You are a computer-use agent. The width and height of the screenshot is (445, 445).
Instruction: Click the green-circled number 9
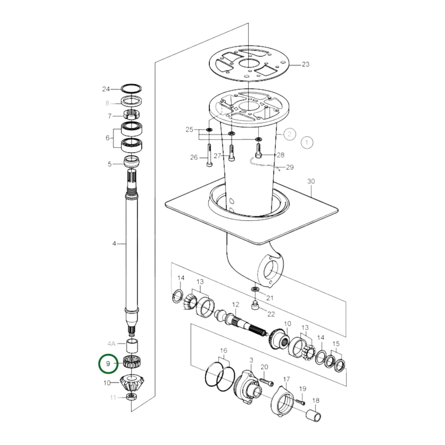tap(108, 363)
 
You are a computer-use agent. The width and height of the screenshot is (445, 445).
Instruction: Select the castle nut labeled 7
tap(131, 115)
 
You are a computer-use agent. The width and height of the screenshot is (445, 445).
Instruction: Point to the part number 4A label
tap(111, 343)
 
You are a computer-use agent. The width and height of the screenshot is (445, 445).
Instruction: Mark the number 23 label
tap(305, 64)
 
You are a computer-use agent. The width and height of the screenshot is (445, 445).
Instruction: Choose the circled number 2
tap(289, 134)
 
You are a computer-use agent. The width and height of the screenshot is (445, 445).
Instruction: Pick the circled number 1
tap(306, 142)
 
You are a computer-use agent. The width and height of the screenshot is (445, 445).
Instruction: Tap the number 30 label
tap(311, 181)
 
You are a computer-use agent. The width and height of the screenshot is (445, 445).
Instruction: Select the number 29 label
tap(290, 167)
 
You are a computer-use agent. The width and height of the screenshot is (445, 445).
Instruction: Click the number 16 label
tap(224, 350)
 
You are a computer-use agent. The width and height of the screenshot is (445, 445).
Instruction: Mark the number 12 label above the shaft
tap(236, 305)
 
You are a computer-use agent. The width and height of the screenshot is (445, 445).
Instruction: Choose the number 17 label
tap(286, 379)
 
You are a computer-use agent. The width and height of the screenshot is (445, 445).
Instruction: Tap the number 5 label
tap(110, 164)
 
